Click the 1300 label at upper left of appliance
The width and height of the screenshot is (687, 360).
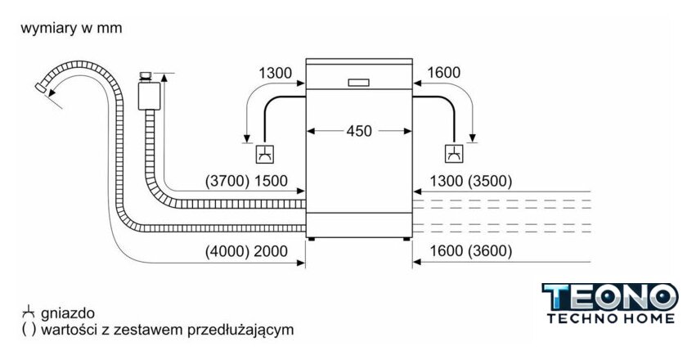275,74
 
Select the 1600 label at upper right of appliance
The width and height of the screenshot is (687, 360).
443,74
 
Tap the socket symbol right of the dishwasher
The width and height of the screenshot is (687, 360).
453,153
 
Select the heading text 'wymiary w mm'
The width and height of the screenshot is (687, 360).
71,29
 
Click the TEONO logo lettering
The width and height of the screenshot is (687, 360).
610,297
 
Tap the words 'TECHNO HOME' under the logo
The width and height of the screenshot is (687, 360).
610,318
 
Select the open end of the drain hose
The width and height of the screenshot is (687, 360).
42,85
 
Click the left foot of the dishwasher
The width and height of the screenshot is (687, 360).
312,240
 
